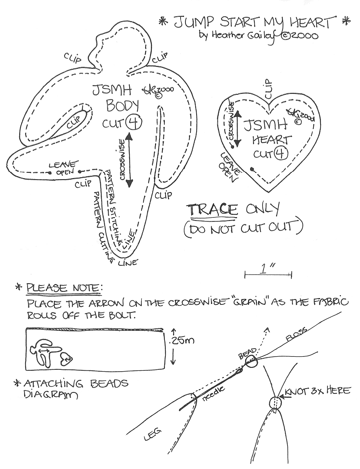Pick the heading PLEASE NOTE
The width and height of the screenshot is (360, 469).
pyautogui.click(x=64, y=288)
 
